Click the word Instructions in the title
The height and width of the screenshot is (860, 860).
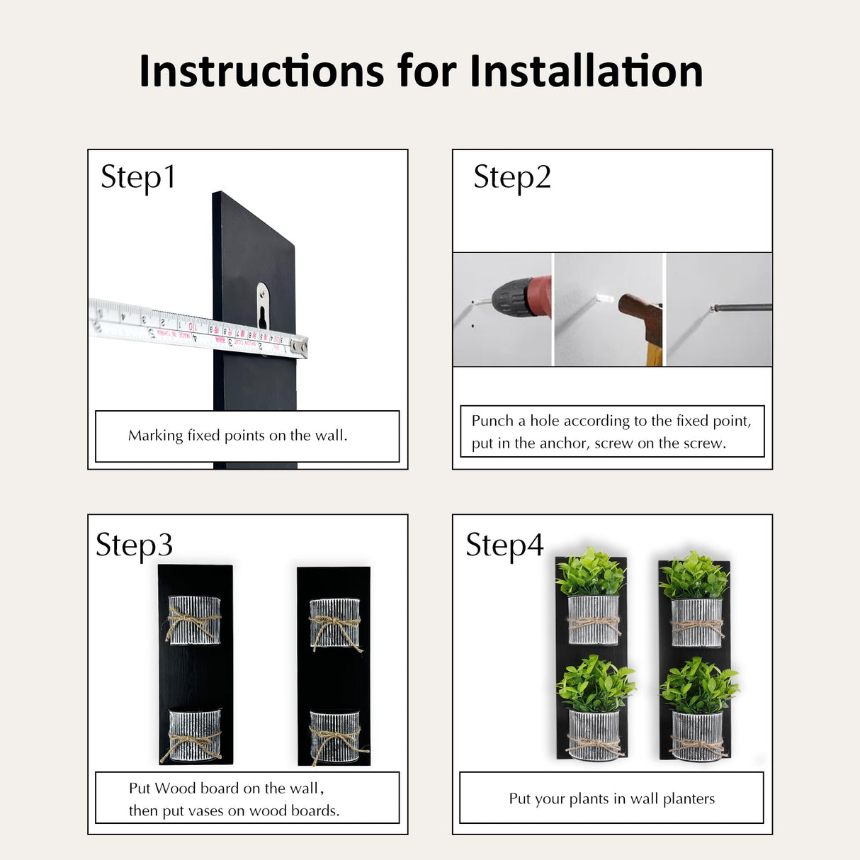261,71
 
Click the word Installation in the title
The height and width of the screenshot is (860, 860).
587,71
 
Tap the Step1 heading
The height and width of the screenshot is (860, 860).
138,178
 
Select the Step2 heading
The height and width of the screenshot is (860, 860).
512,178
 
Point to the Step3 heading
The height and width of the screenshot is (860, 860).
135,545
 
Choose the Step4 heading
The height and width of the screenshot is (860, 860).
505,545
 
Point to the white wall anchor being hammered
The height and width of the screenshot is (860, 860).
605,298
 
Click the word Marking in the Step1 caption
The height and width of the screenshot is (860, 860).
155,436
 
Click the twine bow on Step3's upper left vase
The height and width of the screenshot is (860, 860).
192,622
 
